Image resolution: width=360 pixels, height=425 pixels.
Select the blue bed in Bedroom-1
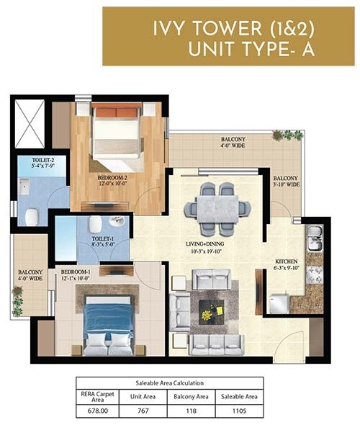click(x=108, y=325)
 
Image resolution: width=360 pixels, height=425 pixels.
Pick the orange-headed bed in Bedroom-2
click(x=116, y=129)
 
